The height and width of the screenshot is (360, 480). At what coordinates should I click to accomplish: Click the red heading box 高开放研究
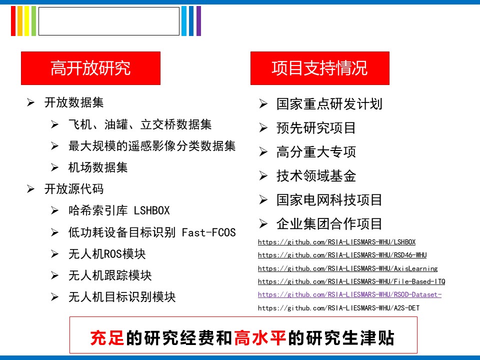click(x=90, y=68)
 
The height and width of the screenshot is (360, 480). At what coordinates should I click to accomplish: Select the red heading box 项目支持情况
click(x=320, y=68)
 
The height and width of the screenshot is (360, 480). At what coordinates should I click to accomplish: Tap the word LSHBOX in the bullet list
click(x=152, y=210)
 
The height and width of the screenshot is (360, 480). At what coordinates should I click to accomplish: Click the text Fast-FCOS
click(x=209, y=232)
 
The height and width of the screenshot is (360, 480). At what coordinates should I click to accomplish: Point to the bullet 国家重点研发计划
click(x=329, y=104)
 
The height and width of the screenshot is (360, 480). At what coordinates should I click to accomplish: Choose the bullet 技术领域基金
click(x=316, y=175)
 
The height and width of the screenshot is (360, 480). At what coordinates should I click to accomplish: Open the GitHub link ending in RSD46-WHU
click(x=342, y=255)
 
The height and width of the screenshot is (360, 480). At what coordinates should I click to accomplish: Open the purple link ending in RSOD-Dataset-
click(x=349, y=294)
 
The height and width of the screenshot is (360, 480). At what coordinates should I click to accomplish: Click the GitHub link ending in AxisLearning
click(x=348, y=268)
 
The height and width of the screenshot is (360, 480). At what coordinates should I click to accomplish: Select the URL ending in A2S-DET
click(x=338, y=308)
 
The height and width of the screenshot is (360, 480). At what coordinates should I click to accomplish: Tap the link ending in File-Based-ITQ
click(x=351, y=281)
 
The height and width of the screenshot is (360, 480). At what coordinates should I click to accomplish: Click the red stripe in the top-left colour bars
click(x=13, y=21)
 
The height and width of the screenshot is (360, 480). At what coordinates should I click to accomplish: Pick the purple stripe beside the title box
click(x=198, y=21)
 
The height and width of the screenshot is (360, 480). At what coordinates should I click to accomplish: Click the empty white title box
click(x=109, y=21)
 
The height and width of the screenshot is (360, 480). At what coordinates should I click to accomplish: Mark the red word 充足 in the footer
click(x=107, y=338)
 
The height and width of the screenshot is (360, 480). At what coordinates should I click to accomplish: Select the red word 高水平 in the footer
click(x=260, y=338)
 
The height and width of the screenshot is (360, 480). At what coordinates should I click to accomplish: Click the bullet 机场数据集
click(x=98, y=167)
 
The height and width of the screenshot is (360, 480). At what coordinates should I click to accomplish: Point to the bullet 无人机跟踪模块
click(x=110, y=275)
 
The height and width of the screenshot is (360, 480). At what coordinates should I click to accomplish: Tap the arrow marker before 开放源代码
click(x=30, y=189)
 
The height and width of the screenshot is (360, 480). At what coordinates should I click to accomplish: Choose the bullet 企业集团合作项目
click(x=329, y=224)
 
